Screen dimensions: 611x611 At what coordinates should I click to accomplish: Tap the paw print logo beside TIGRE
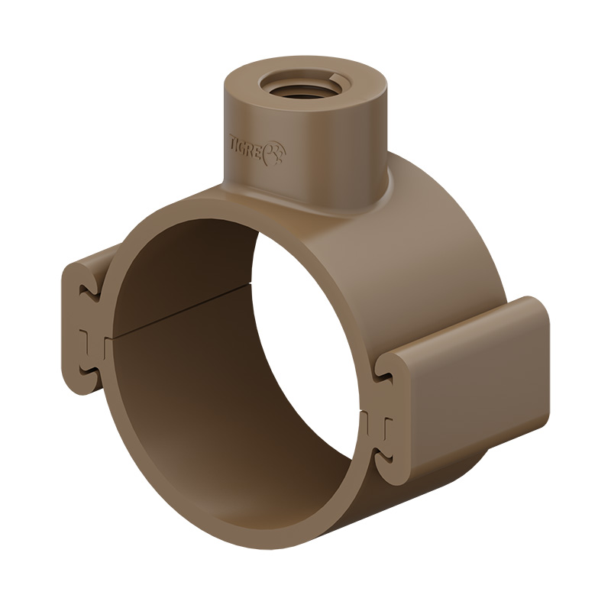pyautogui.click(x=274, y=155)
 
